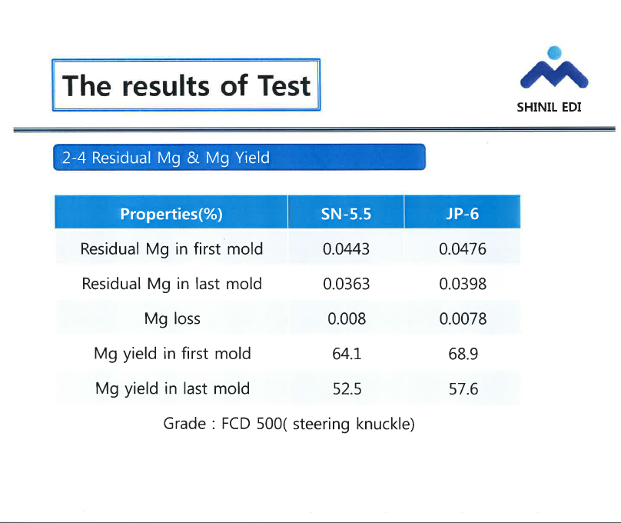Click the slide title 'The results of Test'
186,85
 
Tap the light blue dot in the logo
554,53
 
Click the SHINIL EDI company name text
549,108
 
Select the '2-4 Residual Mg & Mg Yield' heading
166,158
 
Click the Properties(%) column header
171,214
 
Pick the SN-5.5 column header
346,214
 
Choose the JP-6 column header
463,214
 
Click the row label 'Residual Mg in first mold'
171,249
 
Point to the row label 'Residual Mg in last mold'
171,284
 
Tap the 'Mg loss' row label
172,319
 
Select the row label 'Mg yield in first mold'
172,354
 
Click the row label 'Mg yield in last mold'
172,388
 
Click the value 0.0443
346,249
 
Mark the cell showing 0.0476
463,249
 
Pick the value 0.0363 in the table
346,284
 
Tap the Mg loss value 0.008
347,319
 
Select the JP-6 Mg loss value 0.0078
463,319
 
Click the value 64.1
347,354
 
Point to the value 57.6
463,389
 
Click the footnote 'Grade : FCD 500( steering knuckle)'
289,424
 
